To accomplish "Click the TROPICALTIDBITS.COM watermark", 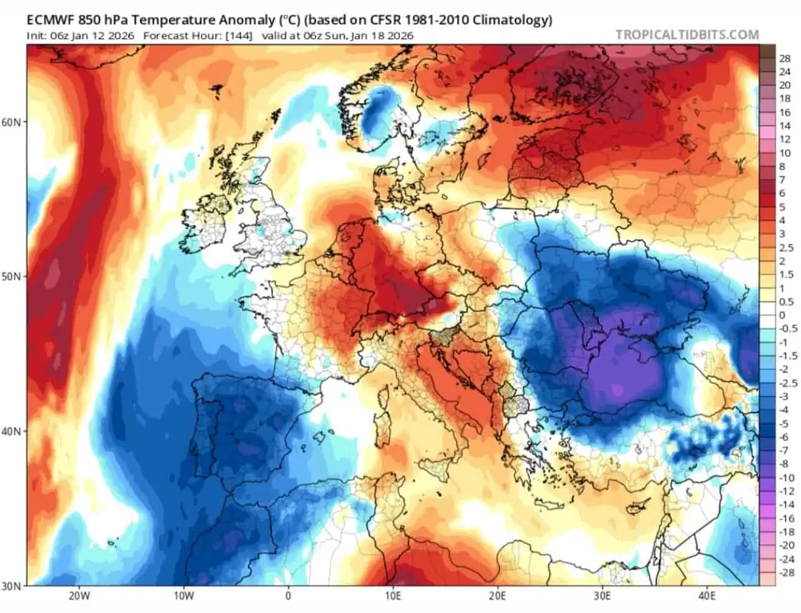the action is coord(688,35).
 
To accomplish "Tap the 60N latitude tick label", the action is coord(11,122).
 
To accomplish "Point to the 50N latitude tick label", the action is coord(11,277).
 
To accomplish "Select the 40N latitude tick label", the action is coord(11,431).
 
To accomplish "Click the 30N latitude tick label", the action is coord(11,586).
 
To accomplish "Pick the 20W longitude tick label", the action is coord(79,597).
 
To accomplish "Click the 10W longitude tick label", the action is coord(183,597).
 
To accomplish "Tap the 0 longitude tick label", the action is coord(288,597).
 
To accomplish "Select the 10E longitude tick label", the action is coord(393,597).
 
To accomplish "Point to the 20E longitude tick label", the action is coord(497,597).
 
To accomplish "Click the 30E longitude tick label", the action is coord(602,597).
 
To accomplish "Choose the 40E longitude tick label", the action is coord(707,597).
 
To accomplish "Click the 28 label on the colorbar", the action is coord(785,58).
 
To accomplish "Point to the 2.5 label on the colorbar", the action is coord(787,248).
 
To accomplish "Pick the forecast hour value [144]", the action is coord(239,36).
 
